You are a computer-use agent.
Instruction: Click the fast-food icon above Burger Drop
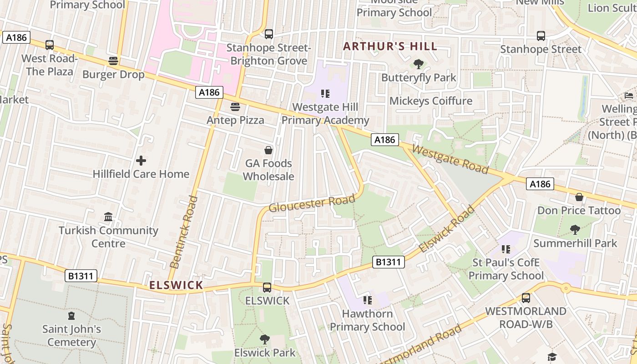point(113,61)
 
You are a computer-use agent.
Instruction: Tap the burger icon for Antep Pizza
point(235,107)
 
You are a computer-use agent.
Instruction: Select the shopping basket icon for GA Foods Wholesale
point(268,150)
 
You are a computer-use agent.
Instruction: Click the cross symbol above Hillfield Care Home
point(141,161)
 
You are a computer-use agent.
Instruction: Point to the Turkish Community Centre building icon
point(108,217)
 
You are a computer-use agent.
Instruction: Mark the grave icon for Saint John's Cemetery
point(71,316)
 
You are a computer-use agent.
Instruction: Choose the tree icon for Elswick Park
point(264,339)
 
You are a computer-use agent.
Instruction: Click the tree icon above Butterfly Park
point(418,64)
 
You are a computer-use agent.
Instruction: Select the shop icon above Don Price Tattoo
point(579,197)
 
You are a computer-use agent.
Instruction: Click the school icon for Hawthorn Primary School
point(367,300)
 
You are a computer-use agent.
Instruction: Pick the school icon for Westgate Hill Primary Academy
point(325,94)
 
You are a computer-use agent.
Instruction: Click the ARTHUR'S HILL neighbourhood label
point(390,46)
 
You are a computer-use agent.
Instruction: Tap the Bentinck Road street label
point(184,232)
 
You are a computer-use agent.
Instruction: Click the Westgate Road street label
point(450,159)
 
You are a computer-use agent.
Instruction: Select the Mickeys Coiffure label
point(431,101)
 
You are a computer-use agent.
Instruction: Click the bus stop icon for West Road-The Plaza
point(50,45)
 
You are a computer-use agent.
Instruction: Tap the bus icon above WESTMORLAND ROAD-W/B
point(526,298)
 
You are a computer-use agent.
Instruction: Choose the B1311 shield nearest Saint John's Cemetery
point(81,276)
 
